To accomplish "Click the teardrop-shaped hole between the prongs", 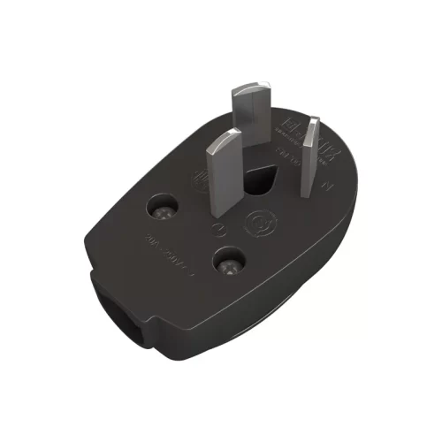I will (262, 182).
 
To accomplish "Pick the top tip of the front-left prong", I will (226, 133).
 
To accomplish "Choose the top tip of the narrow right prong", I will (310, 120).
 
